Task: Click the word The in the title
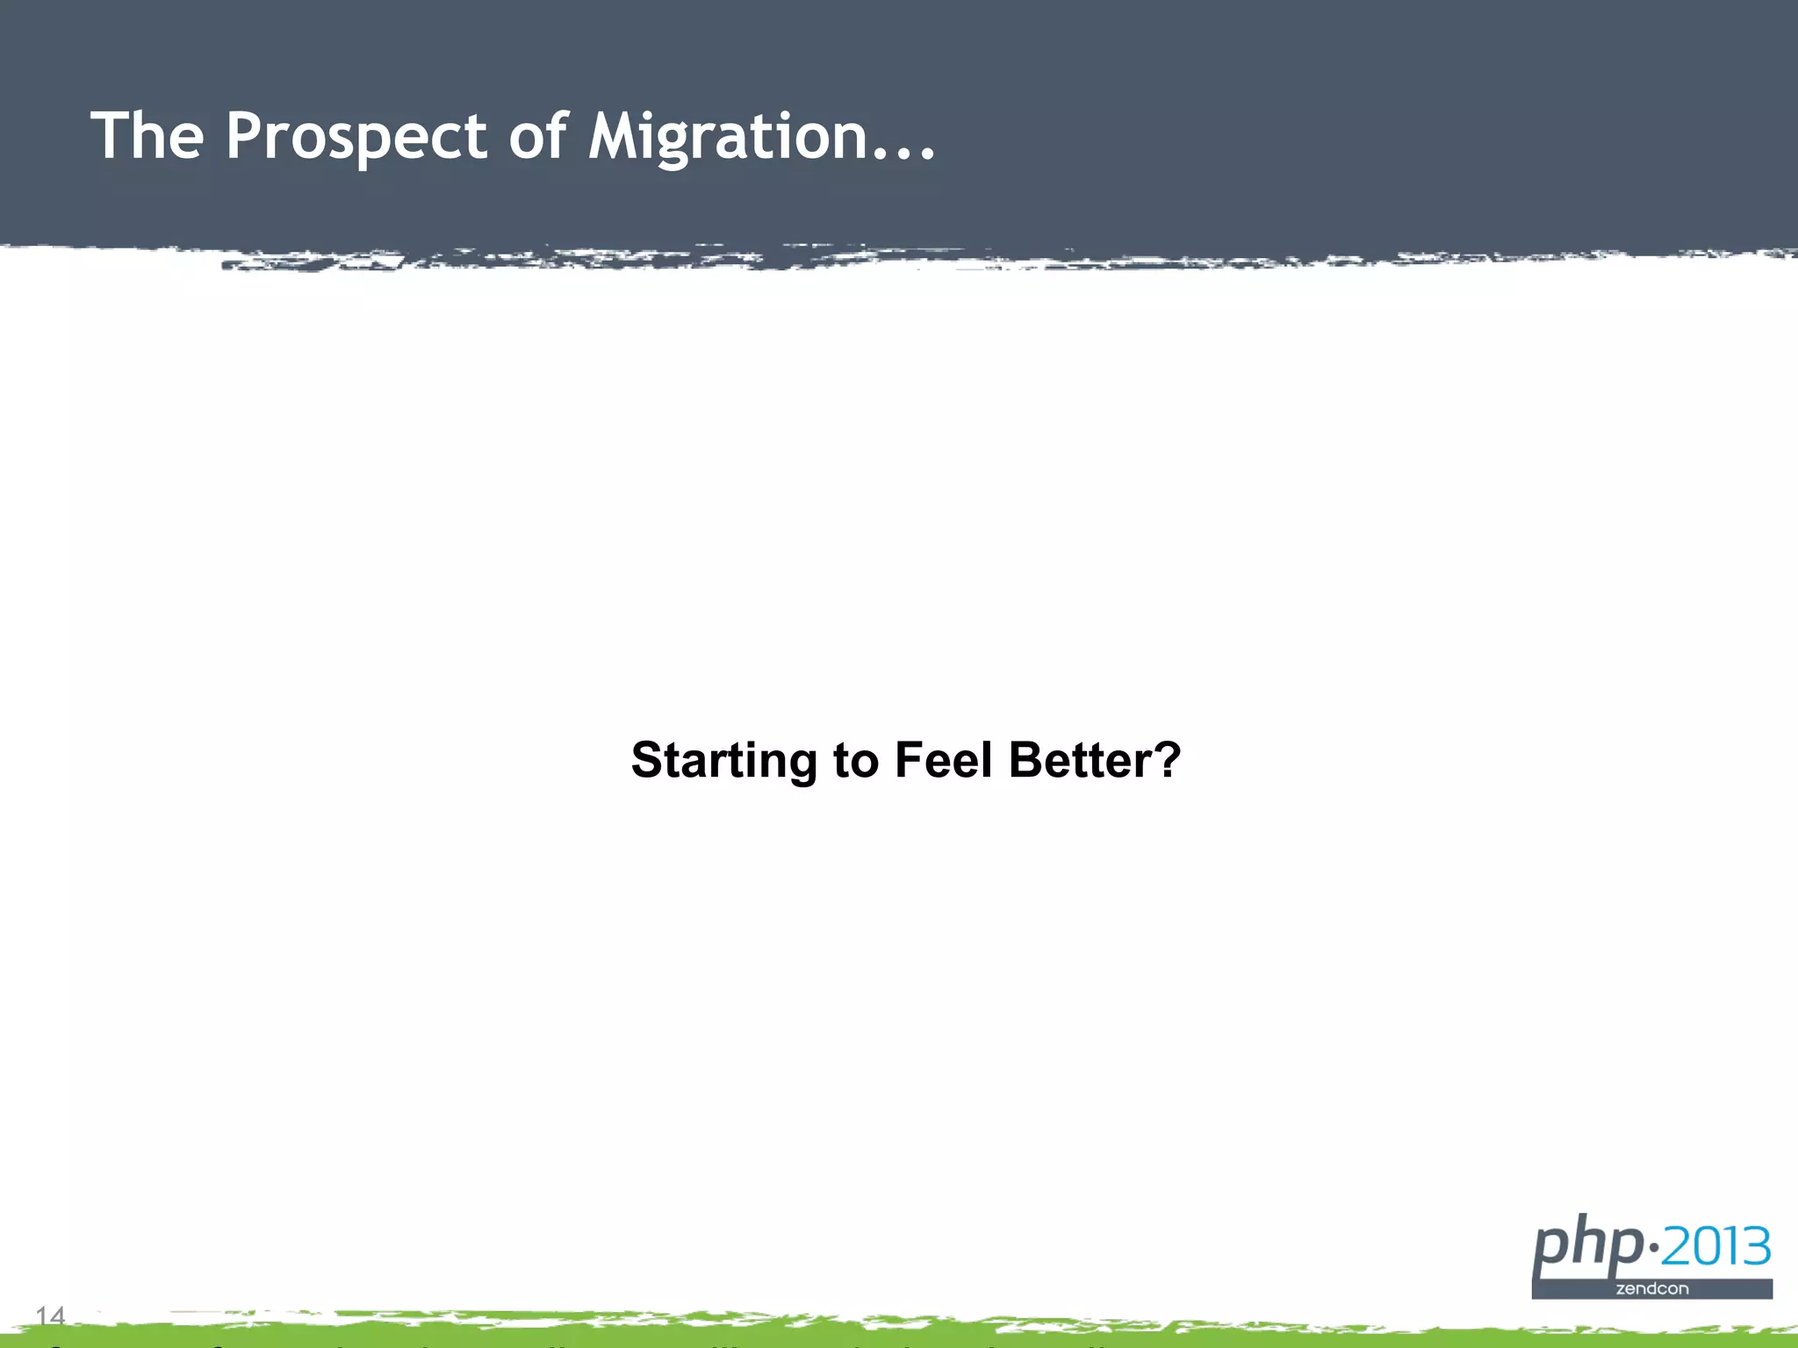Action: (147, 136)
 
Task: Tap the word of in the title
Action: (538, 136)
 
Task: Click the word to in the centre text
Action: (856, 760)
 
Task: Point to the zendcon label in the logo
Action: (1652, 1289)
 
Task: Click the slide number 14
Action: (51, 1316)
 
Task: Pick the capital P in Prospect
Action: (245, 136)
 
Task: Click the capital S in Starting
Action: (649, 759)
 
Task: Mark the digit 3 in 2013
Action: (1755, 1247)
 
